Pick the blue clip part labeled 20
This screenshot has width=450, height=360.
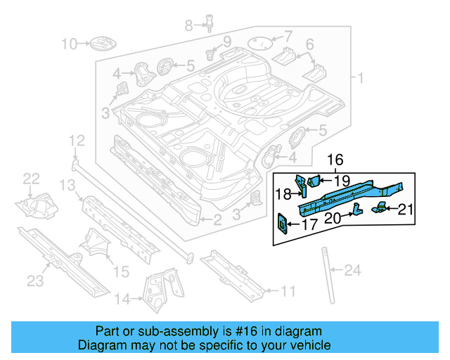click(357, 209)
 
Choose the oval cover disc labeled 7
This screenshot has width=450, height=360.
click(262, 42)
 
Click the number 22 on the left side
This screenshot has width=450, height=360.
click(32, 180)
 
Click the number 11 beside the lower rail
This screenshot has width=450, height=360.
click(288, 290)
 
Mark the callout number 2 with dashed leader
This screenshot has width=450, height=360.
click(217, 221)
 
